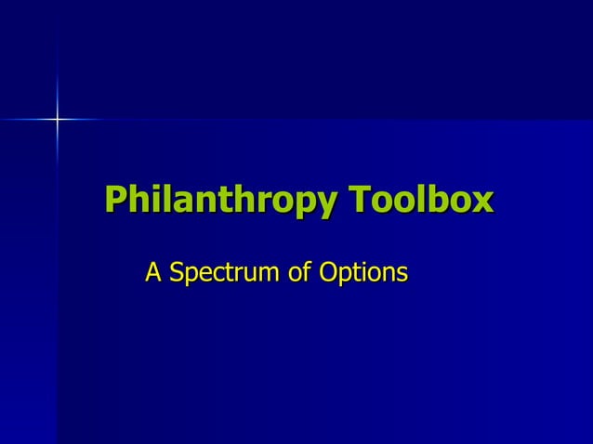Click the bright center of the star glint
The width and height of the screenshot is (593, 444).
(x=57, y=119)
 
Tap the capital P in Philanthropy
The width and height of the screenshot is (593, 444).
(x=115, y=200)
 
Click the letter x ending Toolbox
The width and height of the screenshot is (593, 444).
(x=482, y=202)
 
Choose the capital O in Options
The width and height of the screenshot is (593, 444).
(x=327, y=273)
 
